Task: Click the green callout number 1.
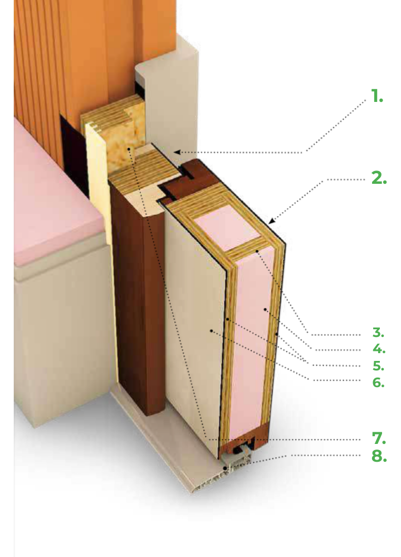click(x=377, y=97)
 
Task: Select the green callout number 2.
click(x=378, y=179)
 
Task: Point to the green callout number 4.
click(x=378, y=350)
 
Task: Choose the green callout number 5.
click(x=378, y=366)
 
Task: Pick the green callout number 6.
click(x=378, y=382)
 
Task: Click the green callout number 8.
click(x=378, y=456)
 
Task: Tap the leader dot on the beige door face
click(x=212, y=330)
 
